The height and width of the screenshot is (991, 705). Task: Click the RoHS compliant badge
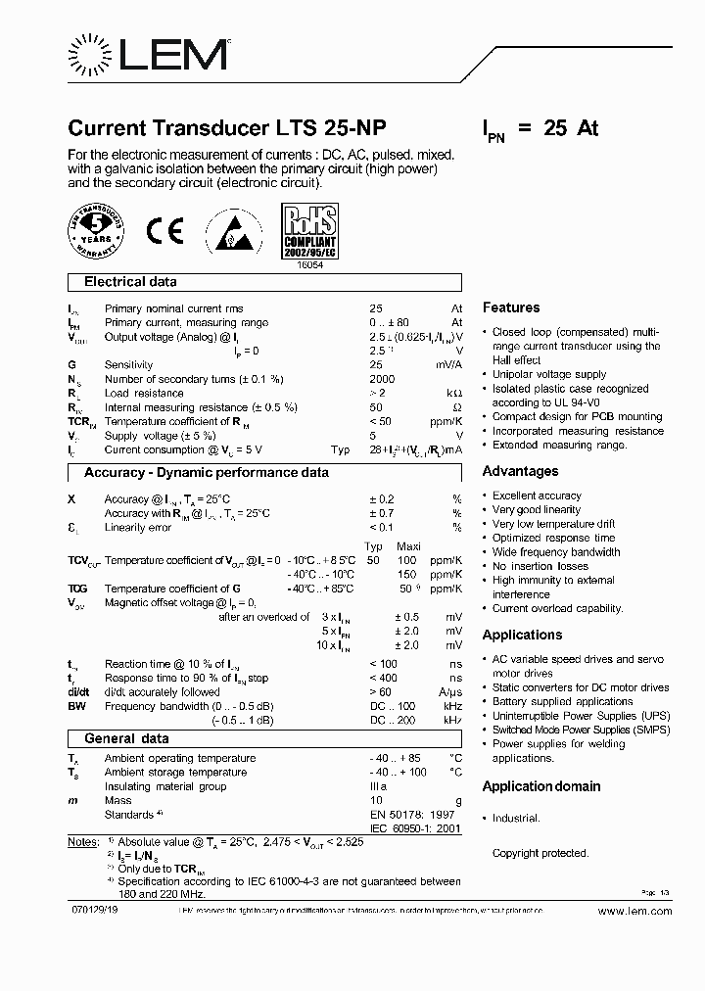[309, 232]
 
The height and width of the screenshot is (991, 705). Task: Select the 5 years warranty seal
[95, 232]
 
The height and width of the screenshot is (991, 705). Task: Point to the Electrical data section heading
[130, 282]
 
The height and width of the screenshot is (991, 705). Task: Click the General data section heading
[126, 738]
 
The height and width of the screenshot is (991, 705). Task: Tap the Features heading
[510, 307]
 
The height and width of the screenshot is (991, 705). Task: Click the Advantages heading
[519, 471]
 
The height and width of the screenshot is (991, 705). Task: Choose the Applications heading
[522, 635]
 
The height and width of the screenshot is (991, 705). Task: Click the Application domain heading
[541, 786]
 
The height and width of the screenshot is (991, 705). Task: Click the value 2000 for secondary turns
[382, 379]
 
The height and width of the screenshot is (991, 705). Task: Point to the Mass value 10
[375, 801]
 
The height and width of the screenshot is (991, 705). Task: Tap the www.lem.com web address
[634, 911]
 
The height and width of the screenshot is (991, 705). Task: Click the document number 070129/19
[95, 911]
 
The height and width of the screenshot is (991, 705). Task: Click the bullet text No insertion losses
[541, 566]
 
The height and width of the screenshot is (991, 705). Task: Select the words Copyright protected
[540, 853]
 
